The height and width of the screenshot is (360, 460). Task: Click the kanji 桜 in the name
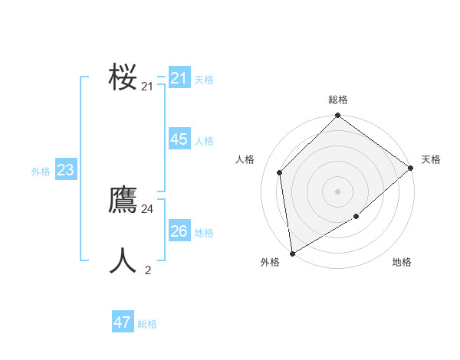(123, 77)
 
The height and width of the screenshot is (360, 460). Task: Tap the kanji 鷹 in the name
(123, 200)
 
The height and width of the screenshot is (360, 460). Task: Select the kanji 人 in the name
(123, 260)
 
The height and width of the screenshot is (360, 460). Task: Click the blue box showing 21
(179, 78)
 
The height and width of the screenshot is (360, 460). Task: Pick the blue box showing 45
(179, 139)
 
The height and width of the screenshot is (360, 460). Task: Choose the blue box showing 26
(179, 231)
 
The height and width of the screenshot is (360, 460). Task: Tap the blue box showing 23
(65, 170)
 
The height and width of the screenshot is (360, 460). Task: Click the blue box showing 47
(123, 322)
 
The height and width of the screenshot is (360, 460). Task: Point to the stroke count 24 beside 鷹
(147, 209)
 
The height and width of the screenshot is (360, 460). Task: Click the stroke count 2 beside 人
(148, 270)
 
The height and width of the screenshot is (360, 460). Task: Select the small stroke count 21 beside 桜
(147, 87)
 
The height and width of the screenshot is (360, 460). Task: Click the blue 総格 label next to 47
(147, 324)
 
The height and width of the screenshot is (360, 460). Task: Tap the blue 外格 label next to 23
(41, 172)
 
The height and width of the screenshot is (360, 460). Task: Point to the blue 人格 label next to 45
(204, 141)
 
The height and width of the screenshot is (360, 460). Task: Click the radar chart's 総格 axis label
(337, 100)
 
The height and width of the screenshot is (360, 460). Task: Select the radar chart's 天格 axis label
(431, 159)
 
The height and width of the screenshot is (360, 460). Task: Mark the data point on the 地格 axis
(356, 218)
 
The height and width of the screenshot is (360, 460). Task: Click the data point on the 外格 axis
(292, 254)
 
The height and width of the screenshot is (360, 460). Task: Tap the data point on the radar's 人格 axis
(280, 172)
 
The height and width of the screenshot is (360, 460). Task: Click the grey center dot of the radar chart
(337, 191)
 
